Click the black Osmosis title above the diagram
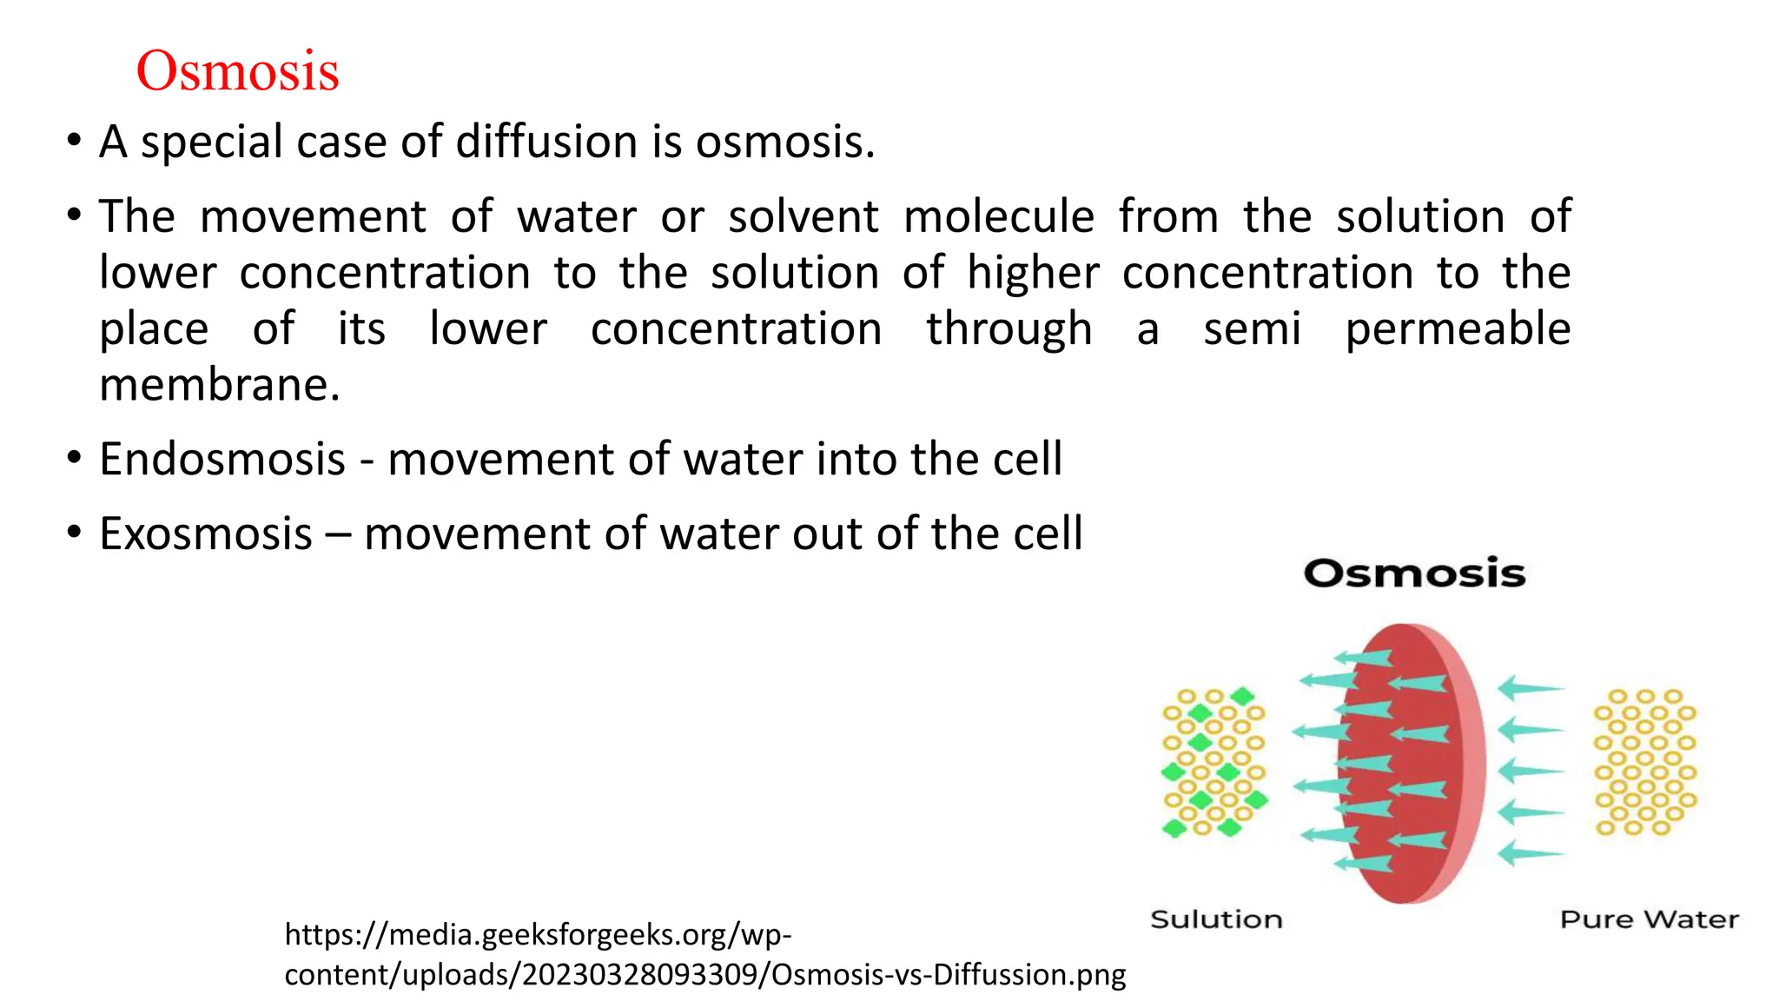click(x=1414, y=573)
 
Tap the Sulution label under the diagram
click(x=1216, y=919)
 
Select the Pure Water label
click(x=1649, y=919)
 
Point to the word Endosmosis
click(x=222, y=459)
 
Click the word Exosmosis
click(x=206, y=534)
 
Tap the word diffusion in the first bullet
click(x=546, y=142)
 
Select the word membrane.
click(x=220, y=385)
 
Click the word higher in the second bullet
click(x=1033, y=273)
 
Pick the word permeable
click(x=1458, y=329)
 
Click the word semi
click(x=1252, y=329)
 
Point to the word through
click(x=1009, y=329)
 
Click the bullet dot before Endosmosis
click(x=75, y=457)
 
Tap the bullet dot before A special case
click(x=75, y=140)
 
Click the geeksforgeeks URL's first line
click(x=538, y=935)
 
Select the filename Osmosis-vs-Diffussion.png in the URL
click(x=949, y=975)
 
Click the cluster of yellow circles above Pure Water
click(x=1644, y=762)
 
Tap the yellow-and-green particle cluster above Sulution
click(x=1214, y=762)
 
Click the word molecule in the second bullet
click(x=998, y=216)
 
